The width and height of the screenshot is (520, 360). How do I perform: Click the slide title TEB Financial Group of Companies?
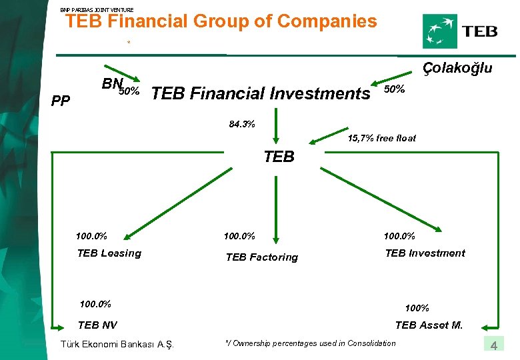[x=221, y=22]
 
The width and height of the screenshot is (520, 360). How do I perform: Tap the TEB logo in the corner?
[x=460, y=31]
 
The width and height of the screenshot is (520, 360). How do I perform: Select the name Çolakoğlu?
[x=457, y=68]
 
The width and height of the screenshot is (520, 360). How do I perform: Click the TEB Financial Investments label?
[x=261, y=94]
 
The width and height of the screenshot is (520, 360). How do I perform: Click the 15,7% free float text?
[x=382, y=138]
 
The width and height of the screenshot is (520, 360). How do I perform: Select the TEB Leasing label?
[x=109, y=253]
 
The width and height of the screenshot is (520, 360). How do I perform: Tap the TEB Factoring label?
[x=262, y=257]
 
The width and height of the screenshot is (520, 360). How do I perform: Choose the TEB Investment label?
[x=425, y=253]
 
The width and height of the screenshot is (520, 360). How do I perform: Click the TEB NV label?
[x=97, y=325]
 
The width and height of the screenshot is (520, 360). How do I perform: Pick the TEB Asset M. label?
[x=429, y=325]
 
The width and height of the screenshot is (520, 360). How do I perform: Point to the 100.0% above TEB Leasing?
[x=92, y=235]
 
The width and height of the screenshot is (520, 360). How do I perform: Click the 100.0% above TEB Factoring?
[x=239, y=235]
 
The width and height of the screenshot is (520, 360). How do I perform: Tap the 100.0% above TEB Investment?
[x=399, y=235]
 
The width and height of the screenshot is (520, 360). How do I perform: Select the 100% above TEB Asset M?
[x=417, y=308]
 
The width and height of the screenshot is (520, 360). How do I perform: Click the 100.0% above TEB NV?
[x=95, y=305]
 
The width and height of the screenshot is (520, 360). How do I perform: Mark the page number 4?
[x=494, y=345]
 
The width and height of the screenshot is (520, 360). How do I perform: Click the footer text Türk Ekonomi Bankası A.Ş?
[x=117, y=344]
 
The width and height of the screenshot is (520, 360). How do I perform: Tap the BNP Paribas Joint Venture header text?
[x=97, y=9]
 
